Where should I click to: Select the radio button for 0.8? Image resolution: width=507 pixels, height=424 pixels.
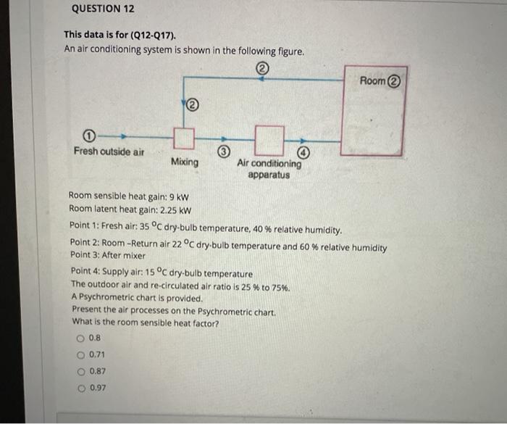(x=80, y=338)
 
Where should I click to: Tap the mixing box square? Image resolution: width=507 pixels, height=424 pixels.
(x=185, y=137)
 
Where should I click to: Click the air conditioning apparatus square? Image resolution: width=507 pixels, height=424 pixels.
(x=269, y=136)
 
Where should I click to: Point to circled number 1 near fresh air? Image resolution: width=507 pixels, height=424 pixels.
(x=88, y=136)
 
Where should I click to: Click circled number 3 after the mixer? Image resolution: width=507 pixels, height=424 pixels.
(x=225, y=151)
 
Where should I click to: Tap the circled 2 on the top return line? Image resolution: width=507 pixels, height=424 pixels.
(x=262, y=69)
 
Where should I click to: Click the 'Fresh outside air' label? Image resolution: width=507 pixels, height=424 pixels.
(x=109, y=151)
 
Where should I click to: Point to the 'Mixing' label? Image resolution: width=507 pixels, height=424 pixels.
(x=185, y=162)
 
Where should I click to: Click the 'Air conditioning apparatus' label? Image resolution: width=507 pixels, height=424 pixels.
(x=269, y=169)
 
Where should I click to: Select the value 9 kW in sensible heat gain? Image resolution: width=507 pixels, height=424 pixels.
(x=177, y=196)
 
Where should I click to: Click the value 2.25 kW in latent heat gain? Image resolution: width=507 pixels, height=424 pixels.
(x=176, y=209)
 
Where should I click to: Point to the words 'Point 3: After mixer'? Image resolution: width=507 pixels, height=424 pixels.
(x=108, y=255)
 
